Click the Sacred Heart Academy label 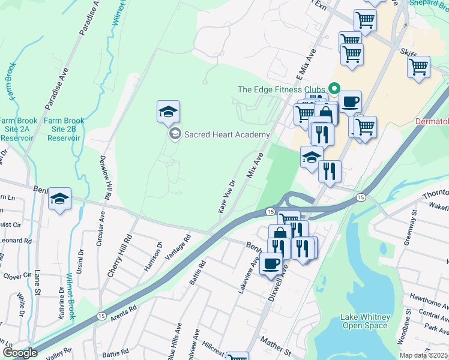tap(226, 134)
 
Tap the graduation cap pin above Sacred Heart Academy tap(169, 112)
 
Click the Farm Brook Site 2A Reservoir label tap(16, 129)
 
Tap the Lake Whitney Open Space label tap(366, 321)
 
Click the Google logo tap(19, 353)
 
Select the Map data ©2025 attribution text tap(423, 355)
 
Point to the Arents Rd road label tap(123, 313)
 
